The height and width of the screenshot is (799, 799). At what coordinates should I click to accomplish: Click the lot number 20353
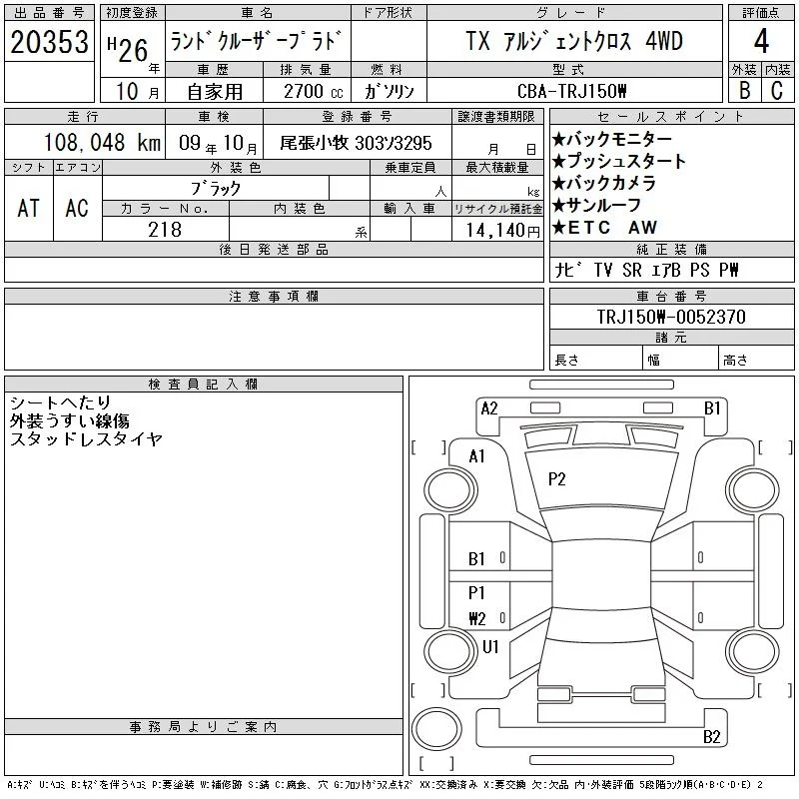pos(49,42)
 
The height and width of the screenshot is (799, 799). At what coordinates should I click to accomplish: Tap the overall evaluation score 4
pos(761,41)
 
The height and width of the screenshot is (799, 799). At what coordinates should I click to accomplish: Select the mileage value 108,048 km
pos(102,142)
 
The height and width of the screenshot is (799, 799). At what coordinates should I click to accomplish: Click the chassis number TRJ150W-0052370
pos(671,317)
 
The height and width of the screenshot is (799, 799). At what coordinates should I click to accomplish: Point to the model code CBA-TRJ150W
pos(571,91)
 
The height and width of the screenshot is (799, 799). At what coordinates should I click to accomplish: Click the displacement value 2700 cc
pos(313,92)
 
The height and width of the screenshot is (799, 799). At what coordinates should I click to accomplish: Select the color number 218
pos(165,230)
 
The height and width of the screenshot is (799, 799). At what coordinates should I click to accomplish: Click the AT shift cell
pos(29,208)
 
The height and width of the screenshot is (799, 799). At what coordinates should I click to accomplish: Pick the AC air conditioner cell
pos(77,208)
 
